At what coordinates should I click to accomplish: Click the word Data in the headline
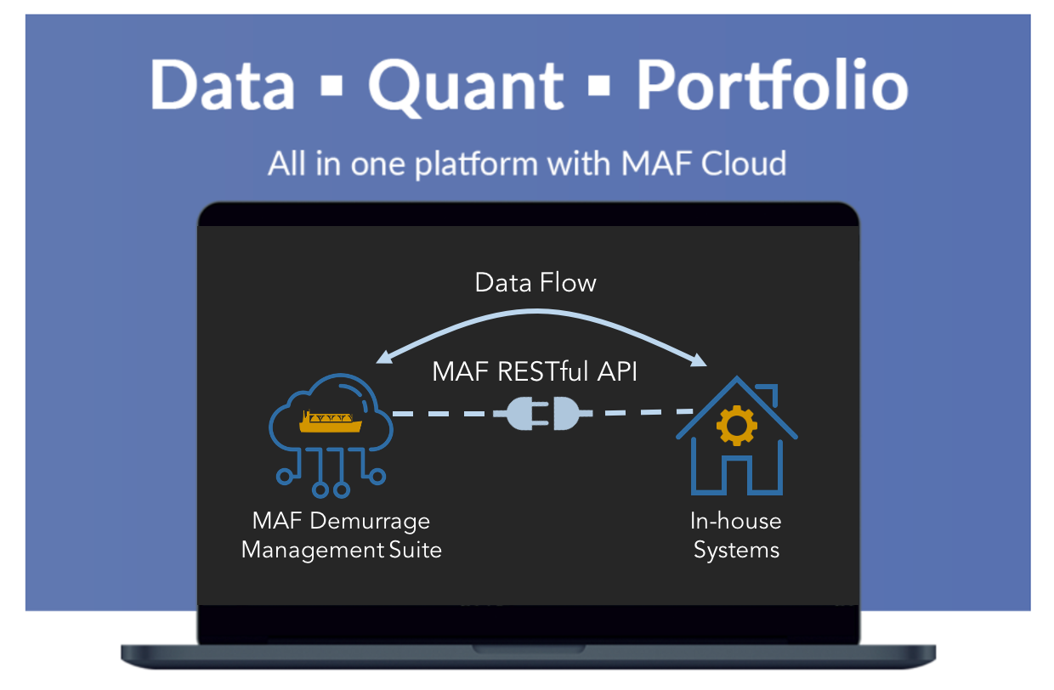tap(222, 85)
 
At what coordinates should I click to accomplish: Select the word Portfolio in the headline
tap(772, 85)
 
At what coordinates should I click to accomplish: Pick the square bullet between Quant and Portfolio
tap(599, 85)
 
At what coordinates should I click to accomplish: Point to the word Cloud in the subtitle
tap(744, 164)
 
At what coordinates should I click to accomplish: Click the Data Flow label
tap(535, 283)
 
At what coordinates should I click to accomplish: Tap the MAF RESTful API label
tap(535, 371)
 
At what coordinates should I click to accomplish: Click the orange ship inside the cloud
tap(331, 421)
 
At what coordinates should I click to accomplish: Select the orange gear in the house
tap(737, 425)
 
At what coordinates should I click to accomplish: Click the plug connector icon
tap(542, 414)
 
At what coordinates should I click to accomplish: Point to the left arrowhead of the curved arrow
tap(384, 358)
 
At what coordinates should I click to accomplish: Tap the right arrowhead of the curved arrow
tap(699, 359)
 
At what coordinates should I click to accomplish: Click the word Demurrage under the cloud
tap(370, 522)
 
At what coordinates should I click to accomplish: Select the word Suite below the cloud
tap(416, 550)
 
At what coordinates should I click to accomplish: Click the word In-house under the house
tap(736, 521)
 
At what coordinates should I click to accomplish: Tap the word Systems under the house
tap(736, 551)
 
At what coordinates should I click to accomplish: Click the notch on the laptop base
tap(529, 649)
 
